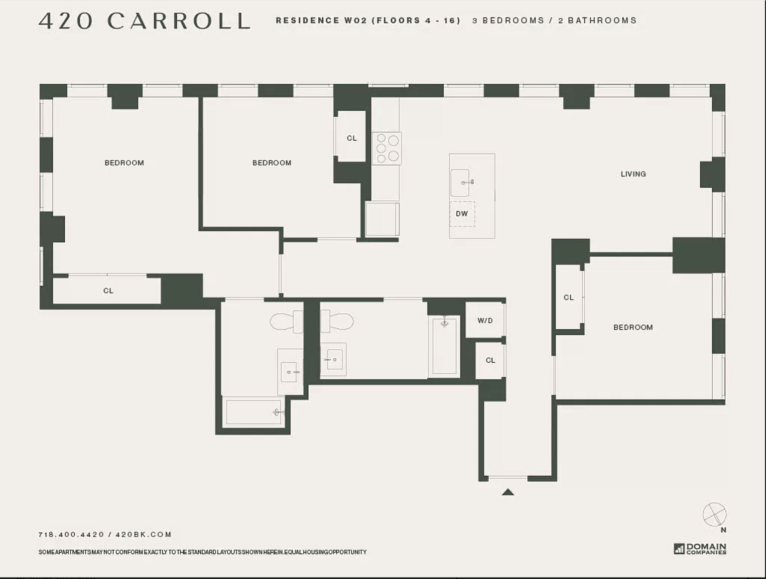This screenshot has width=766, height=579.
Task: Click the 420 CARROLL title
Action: pyautogui.click(x=144, y=21)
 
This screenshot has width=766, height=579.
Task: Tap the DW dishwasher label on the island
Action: pyautogui.click(x=462, y=214)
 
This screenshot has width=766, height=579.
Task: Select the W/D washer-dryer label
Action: pyautogui.click(x=485, y=320)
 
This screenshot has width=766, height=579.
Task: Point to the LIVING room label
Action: pyautogui.click(x=633, y=174)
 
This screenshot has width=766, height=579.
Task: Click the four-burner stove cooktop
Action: pyautogui.click(x=387, y=148)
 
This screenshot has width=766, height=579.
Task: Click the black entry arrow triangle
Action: pyautogui.click(x=508, y=492)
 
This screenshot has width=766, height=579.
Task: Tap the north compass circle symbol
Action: pyautogui.click(x=714, y=514)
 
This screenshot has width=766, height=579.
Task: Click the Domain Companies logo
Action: pyautogui.click(x=700, y=549)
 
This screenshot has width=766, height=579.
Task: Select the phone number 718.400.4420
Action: pyautogui.click(x=71, y=535)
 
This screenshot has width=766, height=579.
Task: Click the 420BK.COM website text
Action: pyautogui.click(x=143, y=535)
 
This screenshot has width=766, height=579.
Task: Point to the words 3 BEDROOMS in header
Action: pyautogui.click(x=508, y=20)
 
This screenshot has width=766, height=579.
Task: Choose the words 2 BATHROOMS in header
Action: pyautogui.click(x=597, y=20)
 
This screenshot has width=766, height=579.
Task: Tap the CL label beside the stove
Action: pyautogui.click(x=352, y=138)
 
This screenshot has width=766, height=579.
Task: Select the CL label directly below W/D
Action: pyautogui.click(x=490, y=360)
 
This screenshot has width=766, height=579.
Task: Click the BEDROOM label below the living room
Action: pyautogui.click(x=633, y=327)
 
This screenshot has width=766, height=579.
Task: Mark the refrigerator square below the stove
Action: pyautogui.click(x=382, y=219)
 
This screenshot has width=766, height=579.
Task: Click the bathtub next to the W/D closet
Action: pyautogui.click(x=444, y=347)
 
